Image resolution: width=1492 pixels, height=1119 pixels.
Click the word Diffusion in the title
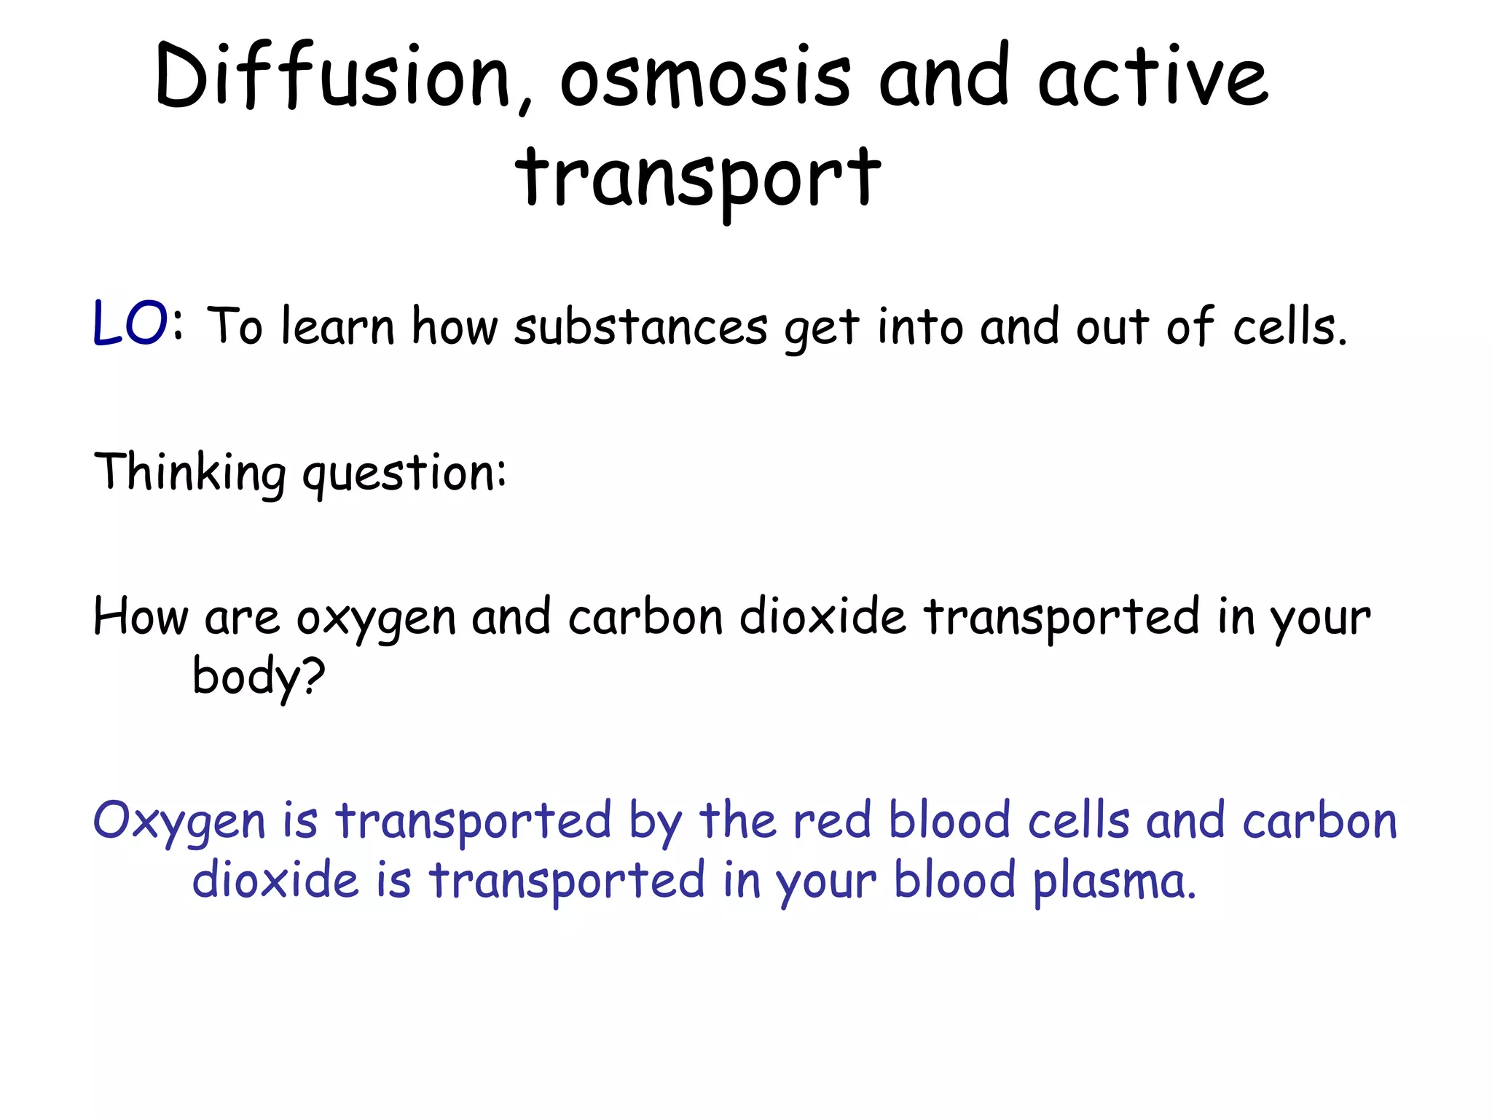[332, 77]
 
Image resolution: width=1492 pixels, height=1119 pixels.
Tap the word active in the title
[1153, 77]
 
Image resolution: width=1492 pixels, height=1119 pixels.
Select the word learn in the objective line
[337, 326]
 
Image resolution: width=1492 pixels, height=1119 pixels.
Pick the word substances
[640, 327]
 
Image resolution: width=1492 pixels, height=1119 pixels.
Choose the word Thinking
[190, 473]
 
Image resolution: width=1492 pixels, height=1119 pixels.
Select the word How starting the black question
[141, 617]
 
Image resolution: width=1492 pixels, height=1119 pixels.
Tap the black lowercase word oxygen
[375, 619]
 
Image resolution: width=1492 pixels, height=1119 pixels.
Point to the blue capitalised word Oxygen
[179, 822]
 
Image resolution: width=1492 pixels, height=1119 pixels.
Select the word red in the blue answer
[832, 820]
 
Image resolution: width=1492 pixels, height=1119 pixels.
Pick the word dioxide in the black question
[822, 617]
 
